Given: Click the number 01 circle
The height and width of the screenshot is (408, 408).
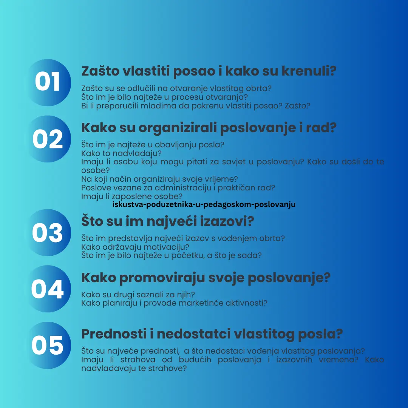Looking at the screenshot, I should [48, 83].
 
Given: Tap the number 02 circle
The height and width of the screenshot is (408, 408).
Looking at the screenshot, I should [48, 139].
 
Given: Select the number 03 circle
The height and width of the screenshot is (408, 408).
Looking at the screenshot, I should [48, 233].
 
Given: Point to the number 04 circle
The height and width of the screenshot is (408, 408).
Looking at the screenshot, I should [48, 289].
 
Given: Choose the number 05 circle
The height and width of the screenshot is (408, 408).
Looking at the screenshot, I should [48, 345].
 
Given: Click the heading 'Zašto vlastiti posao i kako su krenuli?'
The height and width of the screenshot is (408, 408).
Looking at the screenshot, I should [209, 71].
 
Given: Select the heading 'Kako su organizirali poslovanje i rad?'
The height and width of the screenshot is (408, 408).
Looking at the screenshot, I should [209, 128].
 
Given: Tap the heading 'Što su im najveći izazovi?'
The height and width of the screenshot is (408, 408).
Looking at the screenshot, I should [167, 221].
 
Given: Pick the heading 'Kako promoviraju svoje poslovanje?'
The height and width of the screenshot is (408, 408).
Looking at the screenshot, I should [206, 278].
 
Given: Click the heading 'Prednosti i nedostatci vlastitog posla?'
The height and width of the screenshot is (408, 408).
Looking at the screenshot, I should [212, 334].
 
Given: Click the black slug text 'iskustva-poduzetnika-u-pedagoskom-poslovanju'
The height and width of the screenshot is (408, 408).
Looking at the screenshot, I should [204, 205].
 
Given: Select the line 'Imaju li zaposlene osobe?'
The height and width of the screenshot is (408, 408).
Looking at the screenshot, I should [132, 196].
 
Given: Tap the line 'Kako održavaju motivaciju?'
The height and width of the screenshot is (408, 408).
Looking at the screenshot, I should [135, 247].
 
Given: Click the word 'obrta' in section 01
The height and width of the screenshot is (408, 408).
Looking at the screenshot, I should [261, 88].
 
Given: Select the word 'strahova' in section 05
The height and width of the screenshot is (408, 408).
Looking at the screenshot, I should [136, 359].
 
